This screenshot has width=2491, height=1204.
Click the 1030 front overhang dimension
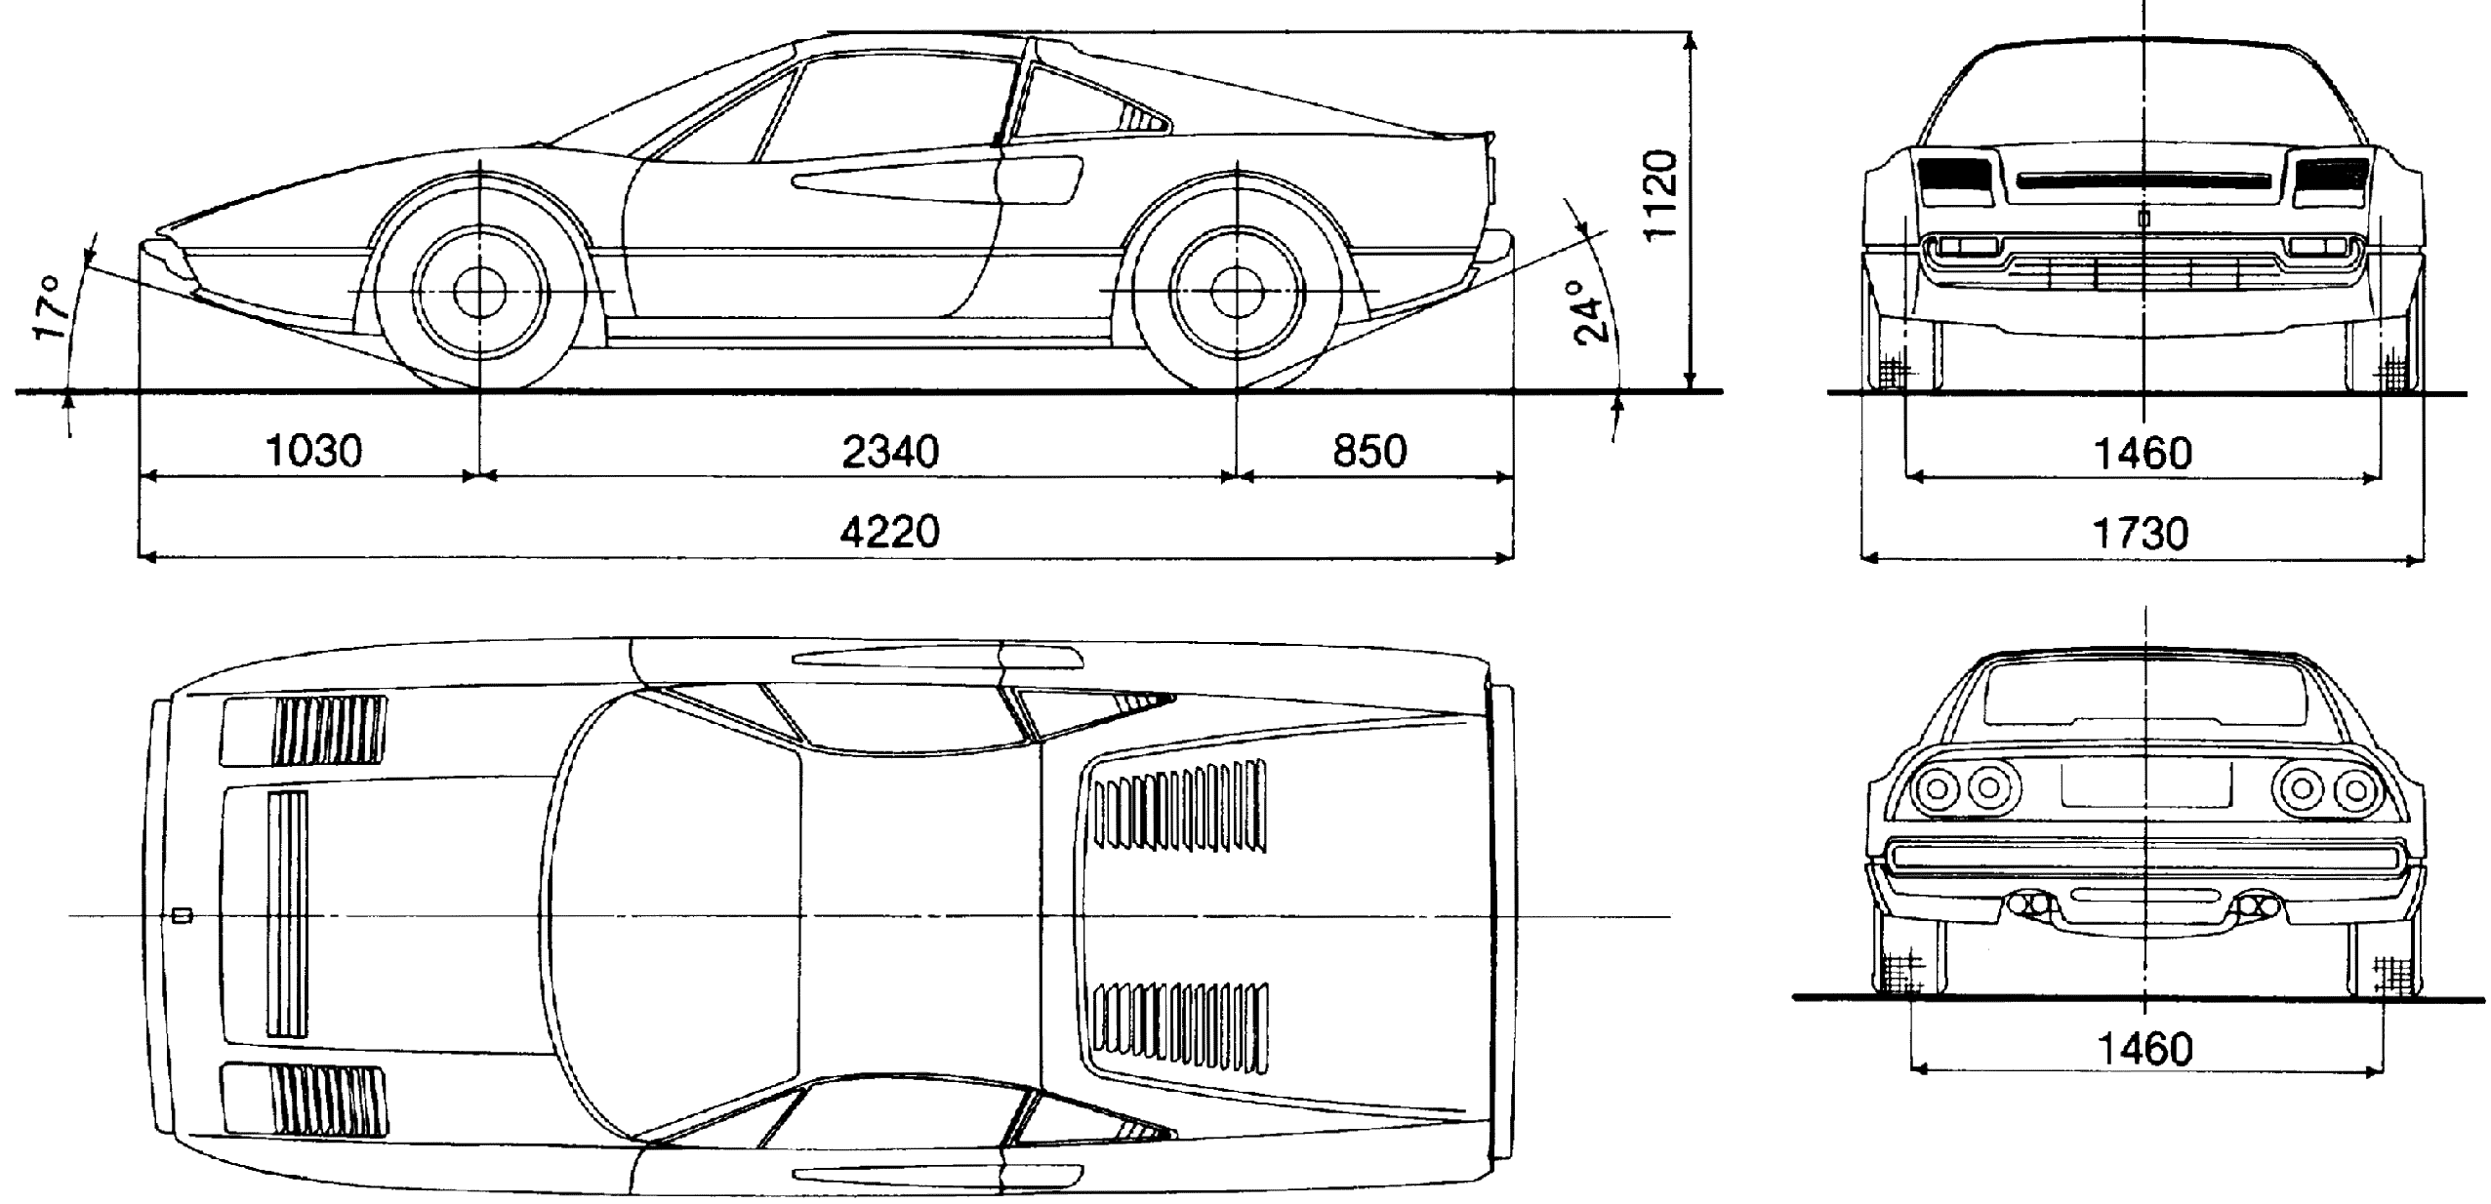click(313, 451)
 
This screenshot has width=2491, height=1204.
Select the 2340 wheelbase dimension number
click(889, 452)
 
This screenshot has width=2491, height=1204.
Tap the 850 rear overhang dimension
click(1369, 451)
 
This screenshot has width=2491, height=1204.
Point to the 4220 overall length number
click(889, 533)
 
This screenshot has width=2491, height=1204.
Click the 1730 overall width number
click(2142, 534)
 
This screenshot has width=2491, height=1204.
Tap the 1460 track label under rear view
click(2145, 1049)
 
